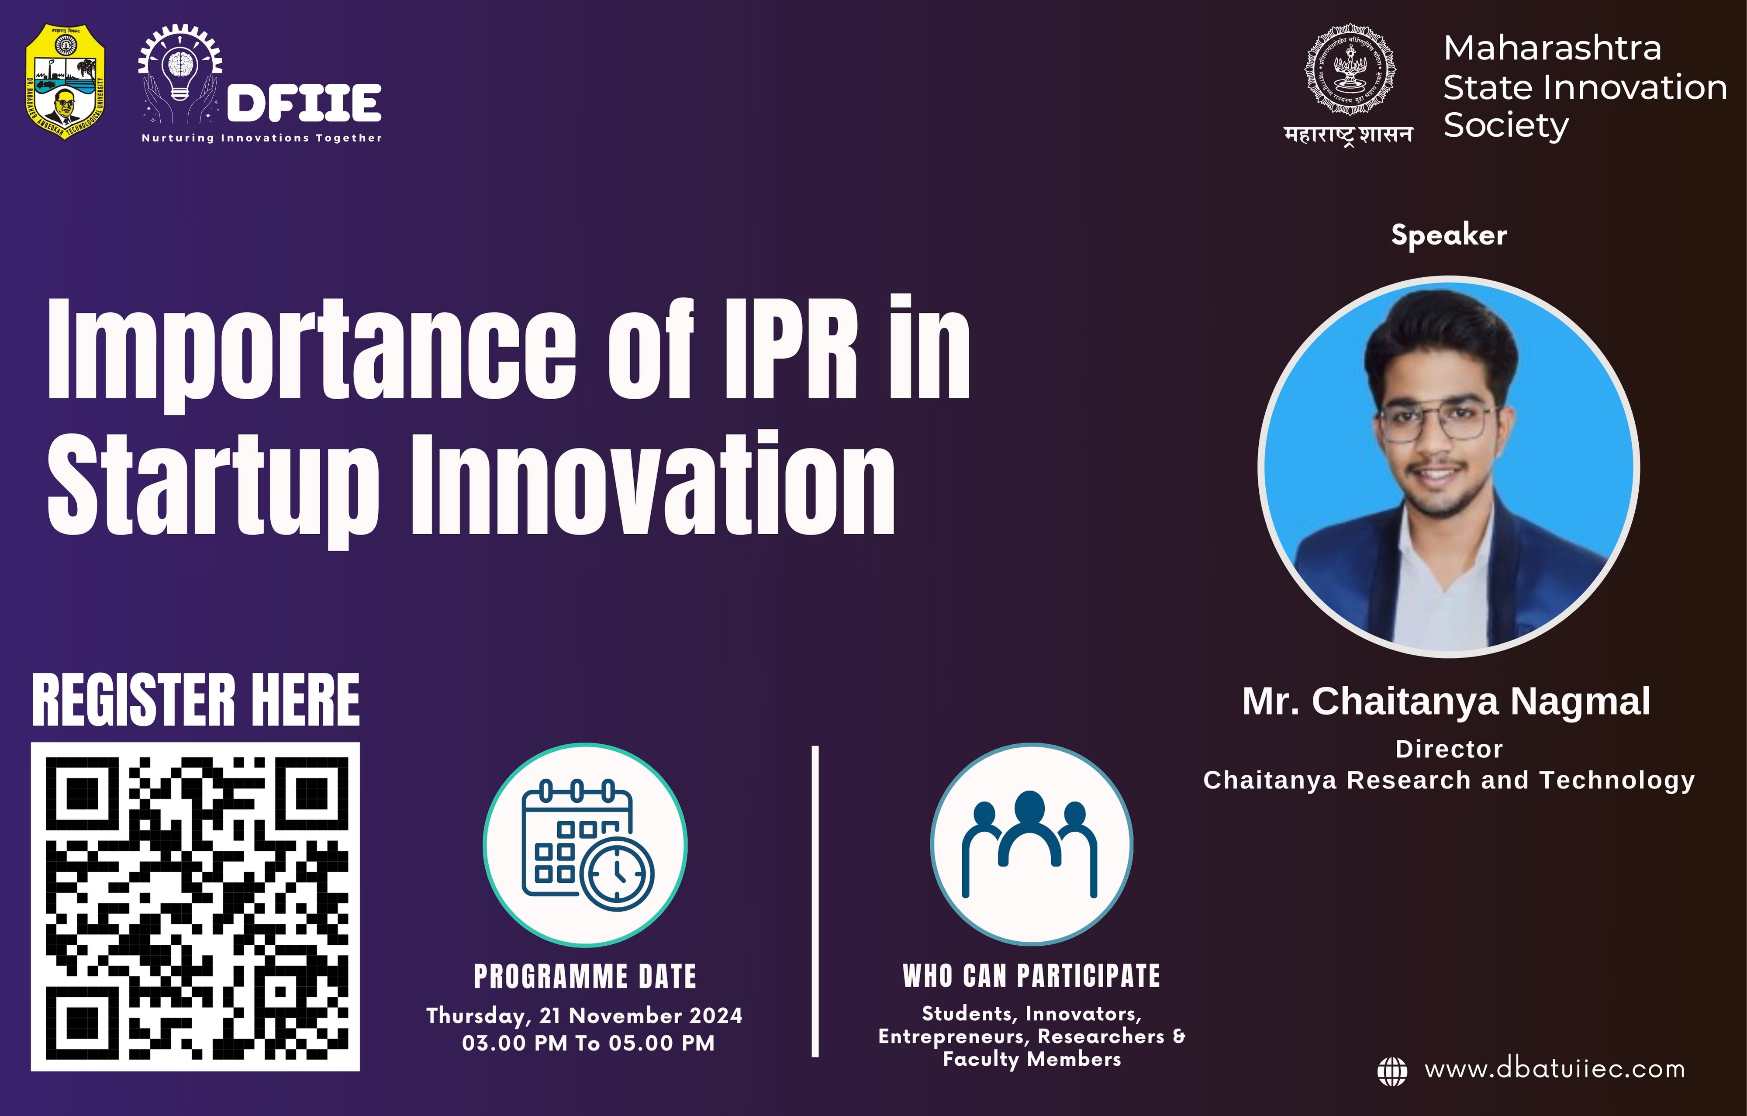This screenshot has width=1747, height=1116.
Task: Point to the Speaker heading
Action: point(1448,235)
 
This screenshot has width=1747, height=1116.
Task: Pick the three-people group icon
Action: point(1030,844)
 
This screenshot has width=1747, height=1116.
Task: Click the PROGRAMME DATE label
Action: point(585,977)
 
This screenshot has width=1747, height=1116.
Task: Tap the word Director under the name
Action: point(1449,749)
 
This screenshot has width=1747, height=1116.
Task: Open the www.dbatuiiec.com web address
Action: point(1554,1070)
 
